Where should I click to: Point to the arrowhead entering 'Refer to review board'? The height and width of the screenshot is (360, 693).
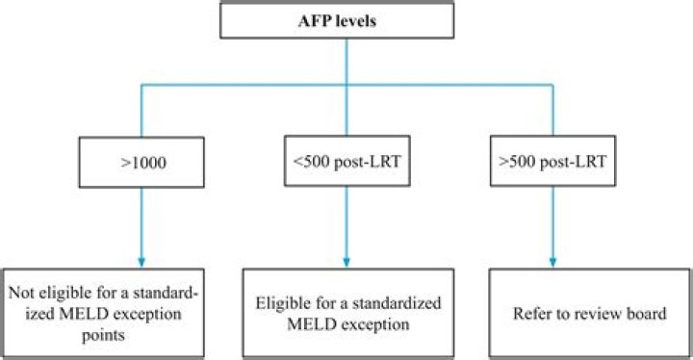click(x=552, y=260)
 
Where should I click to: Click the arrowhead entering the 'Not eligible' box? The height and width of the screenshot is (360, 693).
click(x=142, y=260)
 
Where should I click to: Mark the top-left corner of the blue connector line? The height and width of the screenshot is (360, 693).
click(x=142, y=86)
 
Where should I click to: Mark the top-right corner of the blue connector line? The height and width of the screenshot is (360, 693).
click(x=552, y=86)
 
